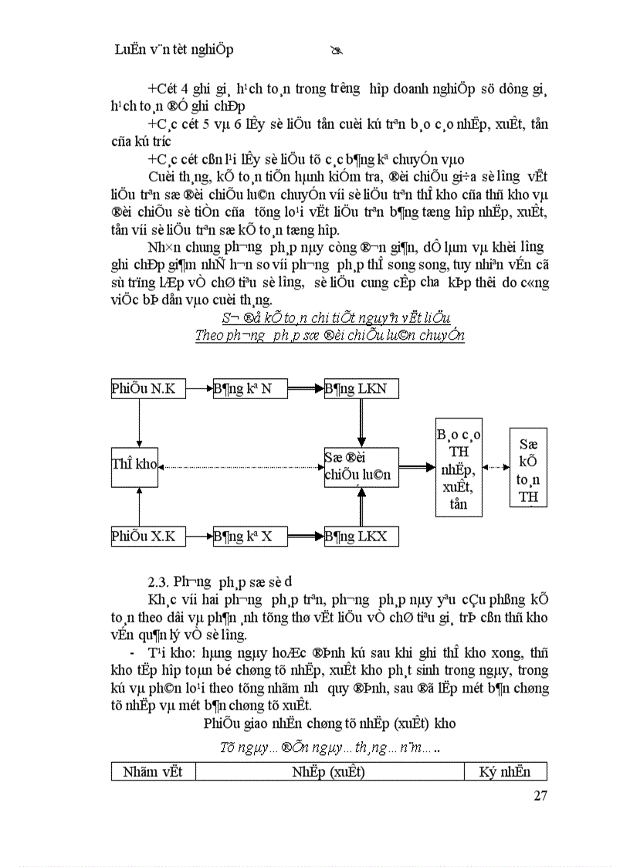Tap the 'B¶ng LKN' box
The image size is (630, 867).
tap(361, 388)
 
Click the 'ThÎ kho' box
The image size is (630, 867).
tap(135, 466)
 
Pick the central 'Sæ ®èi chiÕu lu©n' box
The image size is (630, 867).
tap(361, 466)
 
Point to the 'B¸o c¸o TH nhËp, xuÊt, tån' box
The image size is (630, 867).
tap(458, 467)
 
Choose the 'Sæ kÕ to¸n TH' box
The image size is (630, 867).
tap(529, 467)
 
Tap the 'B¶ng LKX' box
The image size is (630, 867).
tap(361, 536)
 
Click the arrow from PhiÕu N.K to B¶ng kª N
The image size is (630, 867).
tap(195, 388)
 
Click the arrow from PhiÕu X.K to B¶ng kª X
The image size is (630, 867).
tap(195, 536)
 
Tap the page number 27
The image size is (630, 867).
tap(540, 796)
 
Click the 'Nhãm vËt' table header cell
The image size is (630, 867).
tap(153, 771)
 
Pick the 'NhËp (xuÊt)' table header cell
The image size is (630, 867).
tap(329, 771)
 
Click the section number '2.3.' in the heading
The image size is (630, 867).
tap(158, 581)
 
